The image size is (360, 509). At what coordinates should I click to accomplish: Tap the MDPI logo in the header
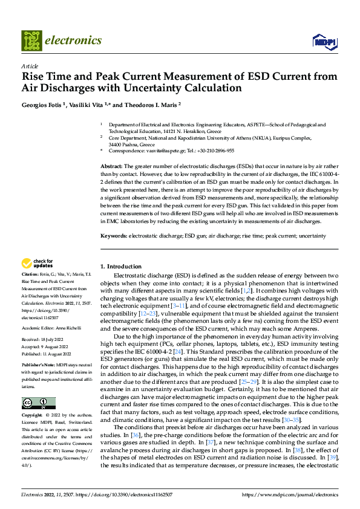pos(323,41)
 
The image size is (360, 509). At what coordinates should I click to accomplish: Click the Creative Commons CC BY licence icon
pos(38,403)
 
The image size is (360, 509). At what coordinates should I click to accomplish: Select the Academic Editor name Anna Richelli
pos(70,328)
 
